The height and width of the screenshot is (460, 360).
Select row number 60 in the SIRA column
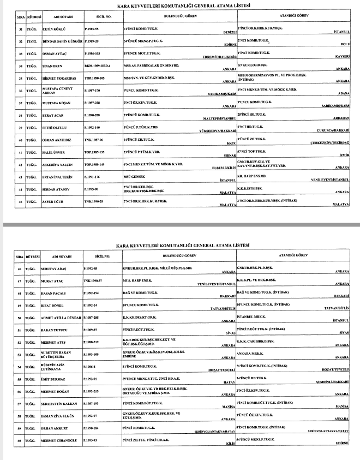coord(20,440)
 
